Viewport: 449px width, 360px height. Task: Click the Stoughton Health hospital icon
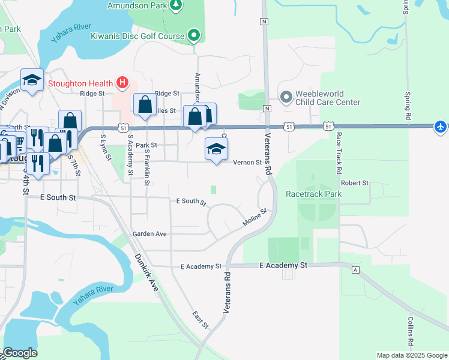coord(122,82)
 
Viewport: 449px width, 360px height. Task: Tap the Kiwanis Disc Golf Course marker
coord(194,36)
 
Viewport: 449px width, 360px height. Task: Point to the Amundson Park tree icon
coord(176,5)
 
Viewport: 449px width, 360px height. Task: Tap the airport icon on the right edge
coord(441,126)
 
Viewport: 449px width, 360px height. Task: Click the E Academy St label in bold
coord(283,265)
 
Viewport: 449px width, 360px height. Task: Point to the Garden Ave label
coord(149,234)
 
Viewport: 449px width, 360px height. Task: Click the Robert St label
coord(354,182)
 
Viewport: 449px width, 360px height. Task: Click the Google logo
coord(20,353)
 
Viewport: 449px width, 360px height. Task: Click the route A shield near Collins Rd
coord(355,270)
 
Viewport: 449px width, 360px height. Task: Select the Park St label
coord(146,145)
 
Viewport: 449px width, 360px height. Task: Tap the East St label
coord(200,320)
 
